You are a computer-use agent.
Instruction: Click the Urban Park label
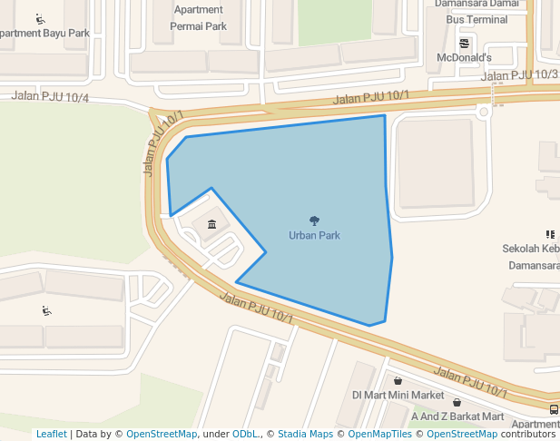tap(314, 236)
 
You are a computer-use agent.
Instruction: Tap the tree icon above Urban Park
tap(314, 220)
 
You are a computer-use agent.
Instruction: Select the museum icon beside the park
tap(211, 224)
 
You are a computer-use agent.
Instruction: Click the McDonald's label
tap(464, 58)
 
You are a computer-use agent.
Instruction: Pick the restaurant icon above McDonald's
tap(465, 43)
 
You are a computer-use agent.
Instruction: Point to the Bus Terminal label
tap(476, 19)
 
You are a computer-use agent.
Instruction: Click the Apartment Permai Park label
tap(198, 18)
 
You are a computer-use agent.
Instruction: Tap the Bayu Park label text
tap(45, 34)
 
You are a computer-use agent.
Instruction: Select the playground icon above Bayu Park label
tap(41, 18)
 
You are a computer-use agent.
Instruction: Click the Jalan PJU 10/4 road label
tap(51, 96)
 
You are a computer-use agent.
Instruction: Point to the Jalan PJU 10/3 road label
tap(519, 75)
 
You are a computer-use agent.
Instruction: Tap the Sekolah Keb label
tap(531, 249)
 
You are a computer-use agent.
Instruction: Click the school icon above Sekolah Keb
tap(549, 234)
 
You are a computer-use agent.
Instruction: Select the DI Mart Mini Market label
tap(398, 396)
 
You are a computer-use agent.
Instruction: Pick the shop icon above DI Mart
tap(398, 381)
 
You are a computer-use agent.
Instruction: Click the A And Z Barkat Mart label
tap(457, 416)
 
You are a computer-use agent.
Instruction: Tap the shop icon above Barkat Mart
tap(457, 402)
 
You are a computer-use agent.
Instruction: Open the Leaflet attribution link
tap(51, 434)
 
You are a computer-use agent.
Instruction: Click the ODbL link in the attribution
tap(246, 434)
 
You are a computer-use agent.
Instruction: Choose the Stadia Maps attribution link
tap(305, 434)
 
